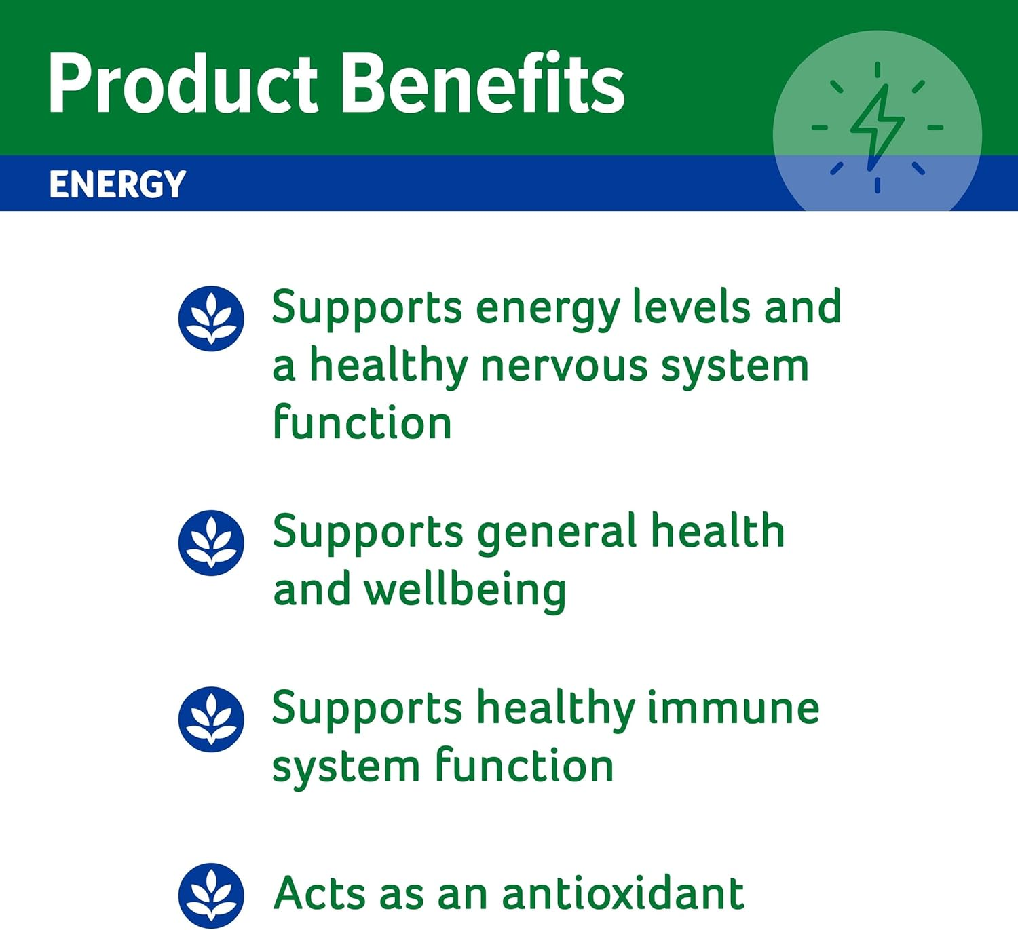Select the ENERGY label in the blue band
pos(117,185)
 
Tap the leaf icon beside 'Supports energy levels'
pos(211,319)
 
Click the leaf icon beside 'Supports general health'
pos(211,543)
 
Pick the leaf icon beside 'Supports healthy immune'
pos(211,720)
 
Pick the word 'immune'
pos(733,708)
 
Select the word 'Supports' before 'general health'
pos(368,533)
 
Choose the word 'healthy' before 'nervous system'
pos(388,368)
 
